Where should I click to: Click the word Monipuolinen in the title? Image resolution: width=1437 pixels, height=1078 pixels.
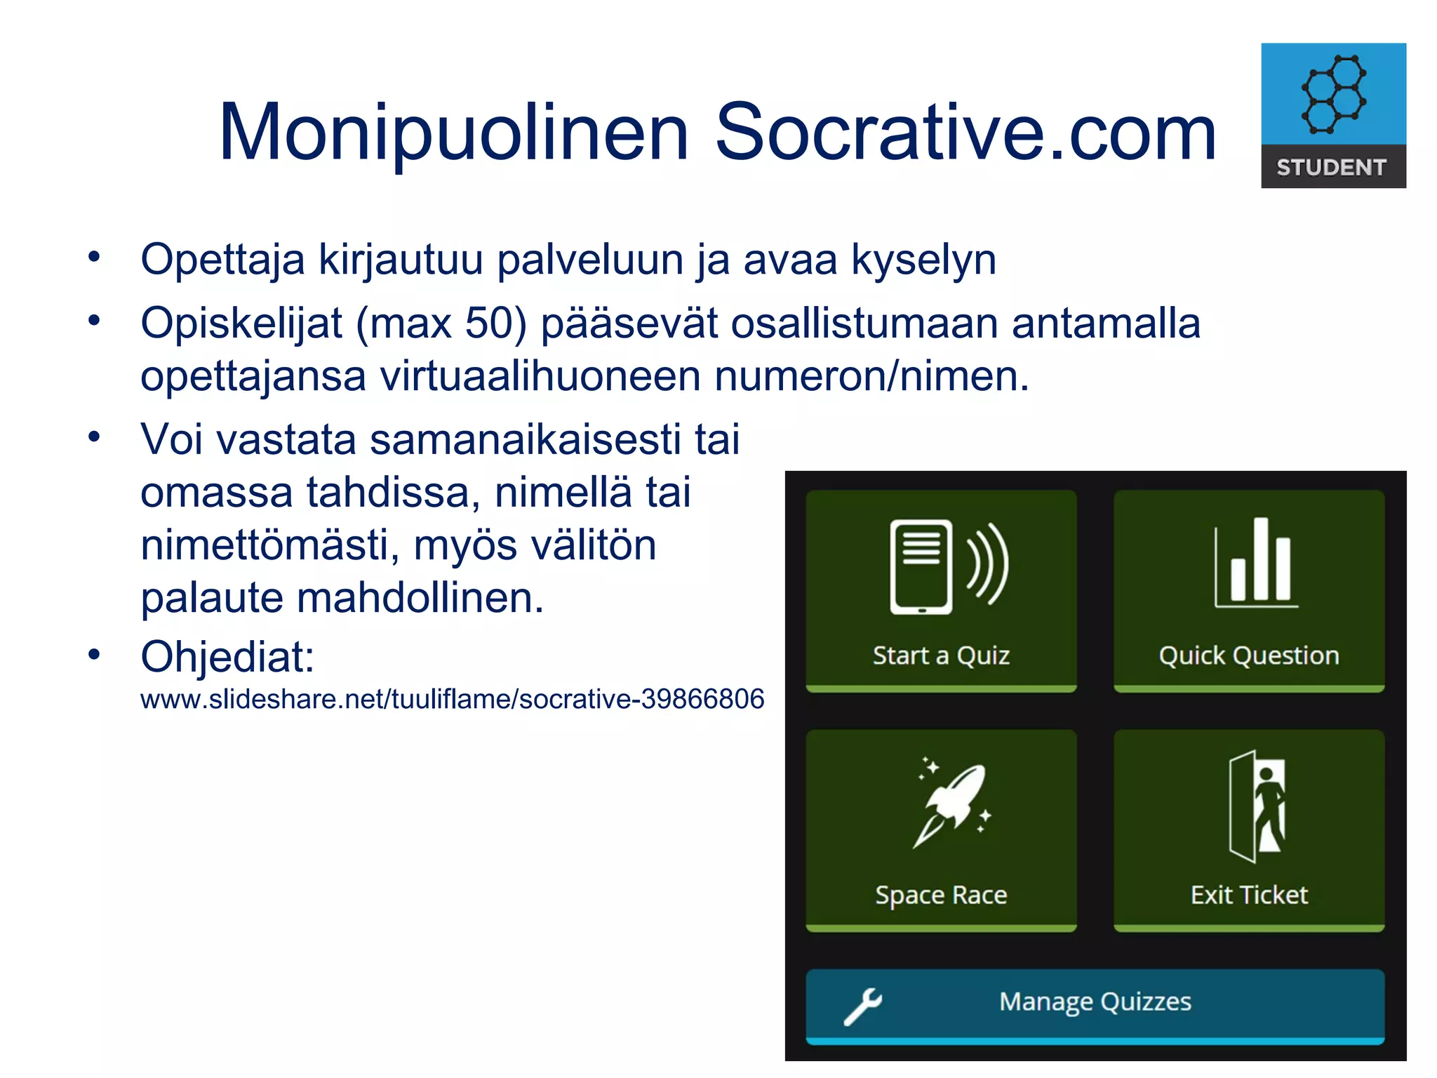[x=453, y=133]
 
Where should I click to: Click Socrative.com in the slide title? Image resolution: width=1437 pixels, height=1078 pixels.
[x=965, y=133]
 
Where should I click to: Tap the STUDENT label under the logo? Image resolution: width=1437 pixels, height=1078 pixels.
[x=1332, y=168]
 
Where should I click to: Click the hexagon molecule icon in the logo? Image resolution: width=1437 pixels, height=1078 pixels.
[x=1333, y=94]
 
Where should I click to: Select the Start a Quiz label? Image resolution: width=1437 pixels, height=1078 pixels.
[x=941, y=656]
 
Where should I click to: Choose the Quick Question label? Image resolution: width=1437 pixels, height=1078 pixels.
[x=1249, y=656]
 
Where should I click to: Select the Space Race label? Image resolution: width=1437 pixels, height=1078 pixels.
[x=941, y=896]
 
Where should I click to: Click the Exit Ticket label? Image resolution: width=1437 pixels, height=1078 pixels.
[x=1249, y=895]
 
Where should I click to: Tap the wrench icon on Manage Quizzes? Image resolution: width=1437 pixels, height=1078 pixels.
[x=862, y=1006]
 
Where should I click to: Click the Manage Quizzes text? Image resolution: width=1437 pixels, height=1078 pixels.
[x=1095, y=1002]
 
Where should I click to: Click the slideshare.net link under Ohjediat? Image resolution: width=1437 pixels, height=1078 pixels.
[x=452, y=699]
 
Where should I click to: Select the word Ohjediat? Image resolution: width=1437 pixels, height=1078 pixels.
[x=227, y=657]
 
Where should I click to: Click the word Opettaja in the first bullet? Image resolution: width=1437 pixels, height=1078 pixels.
[x=222, y=260]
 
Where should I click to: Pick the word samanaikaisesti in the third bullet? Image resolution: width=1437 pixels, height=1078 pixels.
[x=526, y=440]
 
